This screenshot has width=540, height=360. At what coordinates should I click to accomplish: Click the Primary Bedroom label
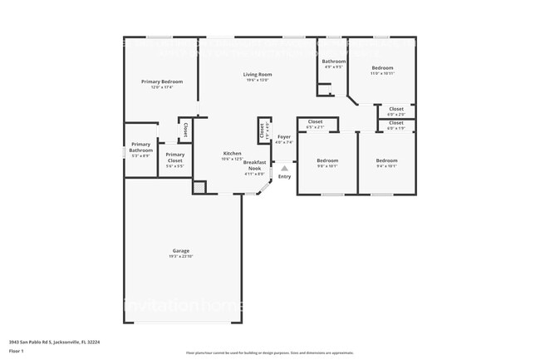(161, 81)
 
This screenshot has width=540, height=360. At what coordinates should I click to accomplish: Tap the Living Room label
(258, 75)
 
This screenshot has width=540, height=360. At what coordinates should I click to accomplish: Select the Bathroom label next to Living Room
(334, 61)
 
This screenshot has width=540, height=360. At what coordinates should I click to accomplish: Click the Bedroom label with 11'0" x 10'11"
(382, 67)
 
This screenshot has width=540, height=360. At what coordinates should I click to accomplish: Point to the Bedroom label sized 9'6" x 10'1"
(327, 160)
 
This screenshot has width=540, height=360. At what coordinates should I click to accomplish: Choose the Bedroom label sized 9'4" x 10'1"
(386, 160)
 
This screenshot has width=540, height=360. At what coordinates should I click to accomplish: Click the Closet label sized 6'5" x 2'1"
(315, 122)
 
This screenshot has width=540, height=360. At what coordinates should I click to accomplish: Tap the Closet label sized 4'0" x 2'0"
(396, 109)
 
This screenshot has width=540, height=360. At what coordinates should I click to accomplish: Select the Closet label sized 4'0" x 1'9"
(396, 123)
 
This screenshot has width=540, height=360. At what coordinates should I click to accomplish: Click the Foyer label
(284, 136)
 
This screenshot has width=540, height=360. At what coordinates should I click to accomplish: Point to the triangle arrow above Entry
(284, 168)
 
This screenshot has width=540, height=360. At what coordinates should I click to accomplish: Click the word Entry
(284, 176)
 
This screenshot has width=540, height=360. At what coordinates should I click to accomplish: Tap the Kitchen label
(232, 153)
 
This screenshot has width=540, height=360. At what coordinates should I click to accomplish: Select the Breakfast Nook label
(254, 165)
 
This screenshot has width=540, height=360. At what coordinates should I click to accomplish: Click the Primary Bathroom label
(140, 147)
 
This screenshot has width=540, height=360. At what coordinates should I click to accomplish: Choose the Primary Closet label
(174, 157)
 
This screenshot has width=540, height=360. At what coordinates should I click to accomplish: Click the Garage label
(181, 250)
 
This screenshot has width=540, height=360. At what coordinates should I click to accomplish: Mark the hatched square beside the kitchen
(199, 188)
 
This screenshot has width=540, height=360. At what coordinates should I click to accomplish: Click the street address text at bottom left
(48, 341)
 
